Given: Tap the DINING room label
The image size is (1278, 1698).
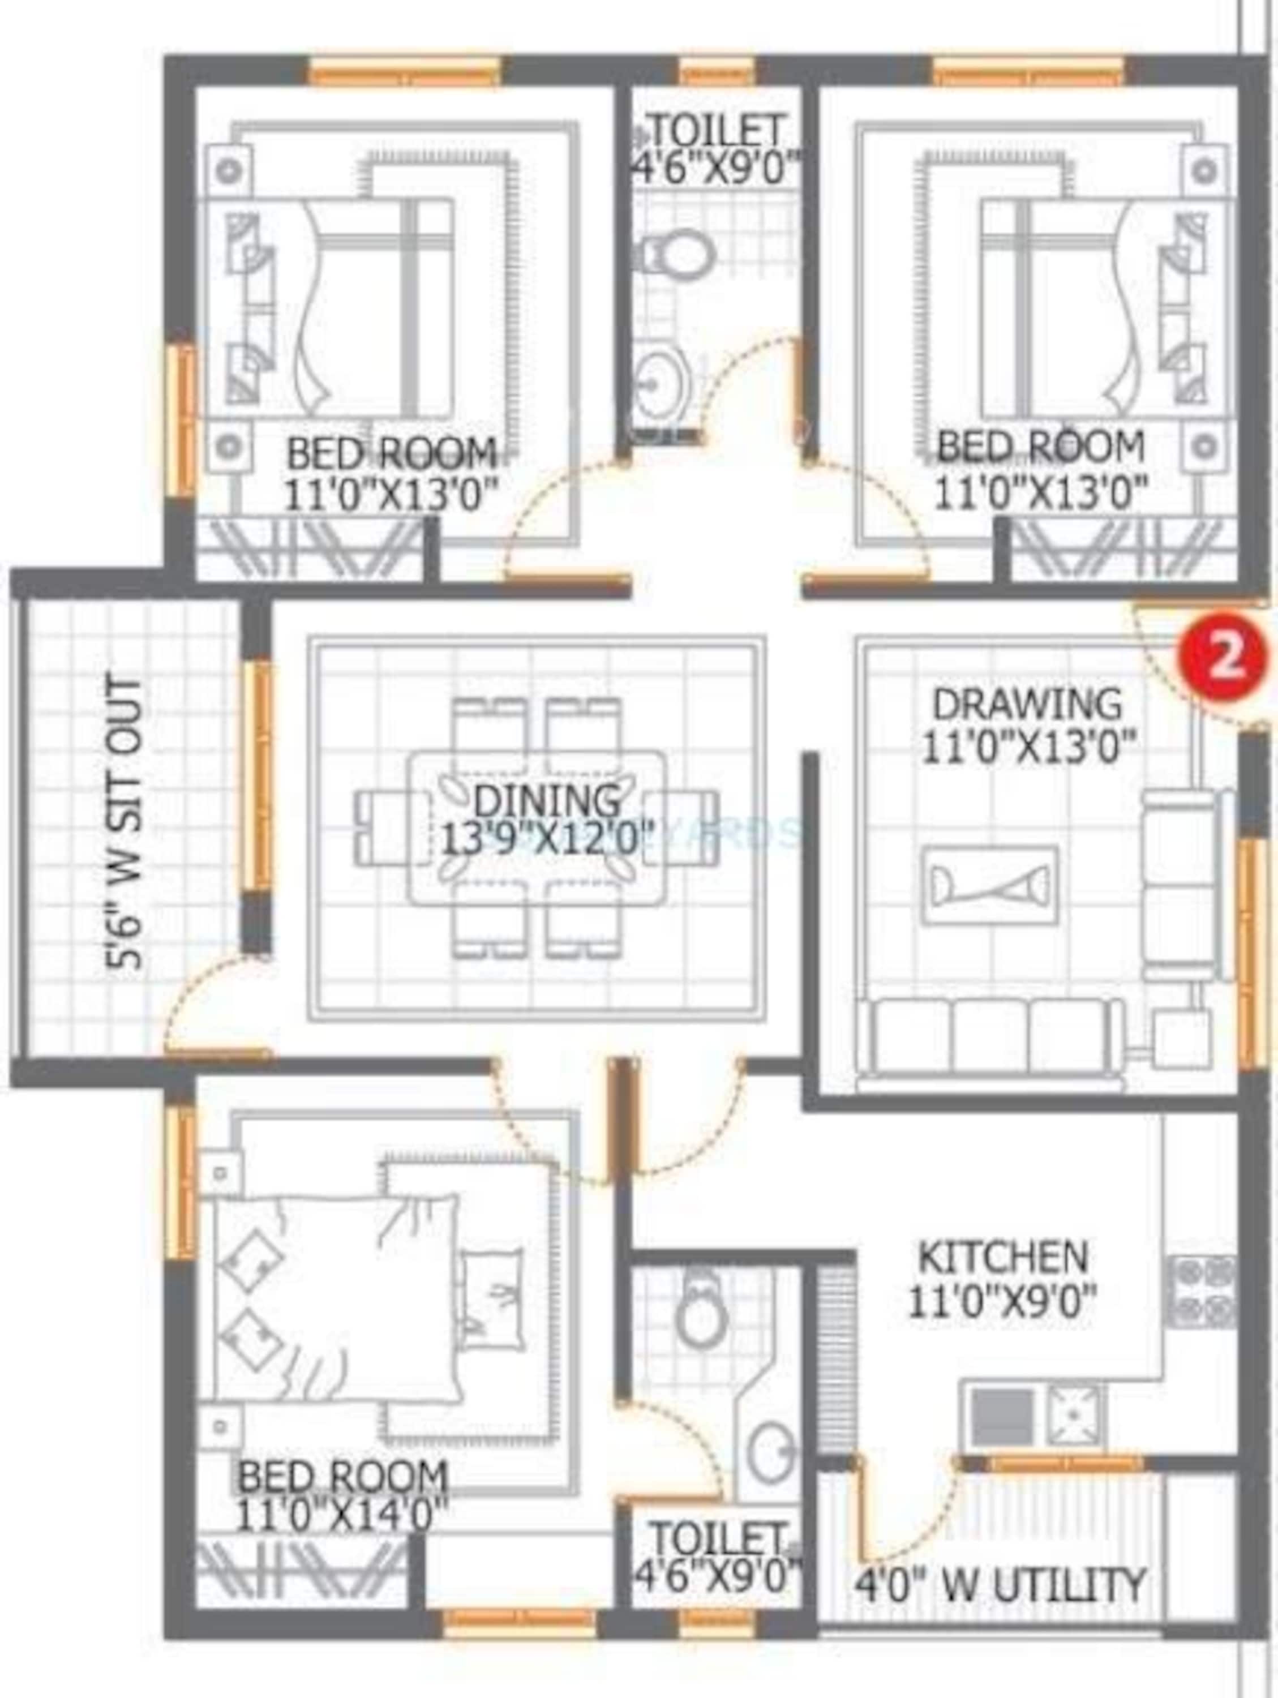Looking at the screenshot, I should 547,801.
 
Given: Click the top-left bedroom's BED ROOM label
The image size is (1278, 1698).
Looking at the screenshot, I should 392,454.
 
